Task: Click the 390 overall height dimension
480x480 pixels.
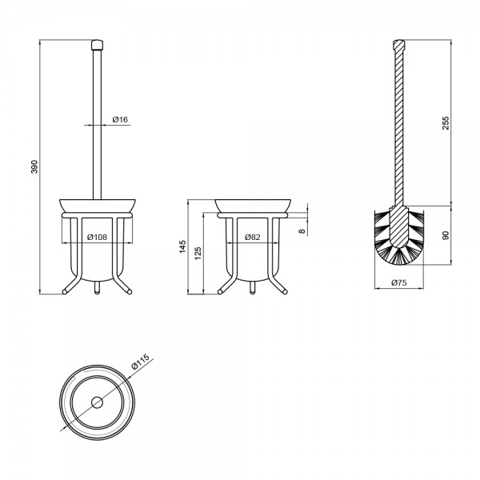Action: (34, 167)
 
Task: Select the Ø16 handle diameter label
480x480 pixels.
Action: (120, 119)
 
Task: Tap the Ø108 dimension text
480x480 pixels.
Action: (98, 237)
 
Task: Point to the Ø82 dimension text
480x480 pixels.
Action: (253, 237)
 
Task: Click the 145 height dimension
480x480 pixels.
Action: (182, 246)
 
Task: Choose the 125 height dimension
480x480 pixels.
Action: (198, 254)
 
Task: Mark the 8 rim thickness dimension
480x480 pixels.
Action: (302, 231)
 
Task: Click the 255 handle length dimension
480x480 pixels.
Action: (446, 123)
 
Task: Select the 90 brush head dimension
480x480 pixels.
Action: (446, 235)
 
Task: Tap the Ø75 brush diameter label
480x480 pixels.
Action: (399, 282)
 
